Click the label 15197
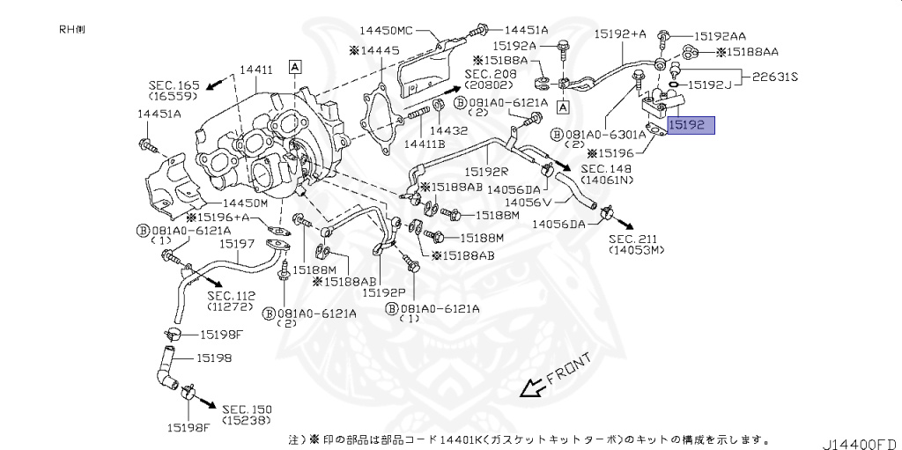(237, 242)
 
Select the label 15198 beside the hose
(214, 358)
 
